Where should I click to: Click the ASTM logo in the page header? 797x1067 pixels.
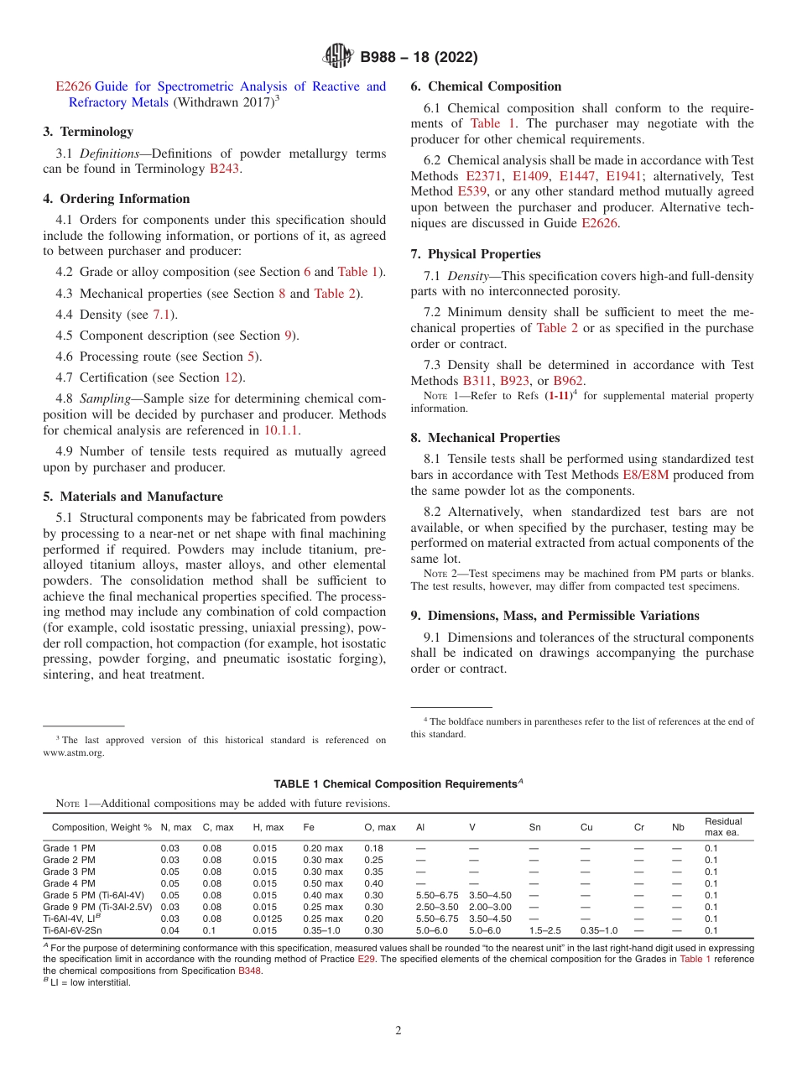pos(338,57)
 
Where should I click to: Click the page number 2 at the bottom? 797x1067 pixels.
pos(398,1031)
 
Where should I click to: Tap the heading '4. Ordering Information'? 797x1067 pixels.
pos(117,199)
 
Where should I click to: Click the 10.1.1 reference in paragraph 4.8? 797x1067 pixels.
pos(282,430)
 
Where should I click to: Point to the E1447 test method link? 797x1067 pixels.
pos(576,176)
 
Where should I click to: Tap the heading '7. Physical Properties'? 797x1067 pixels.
pos(476,254)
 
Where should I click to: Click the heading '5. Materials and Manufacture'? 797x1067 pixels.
pos(133,497)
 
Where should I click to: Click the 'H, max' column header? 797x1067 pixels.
pos(268,827)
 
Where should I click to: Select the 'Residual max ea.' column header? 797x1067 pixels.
pos(723,827)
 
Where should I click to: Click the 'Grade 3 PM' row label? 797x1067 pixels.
pos(69,872)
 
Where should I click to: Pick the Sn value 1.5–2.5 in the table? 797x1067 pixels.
pos(544,930)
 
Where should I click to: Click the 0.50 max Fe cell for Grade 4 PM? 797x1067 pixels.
pos(323,883)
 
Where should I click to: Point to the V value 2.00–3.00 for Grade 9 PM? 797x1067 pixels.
pos(490,907)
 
